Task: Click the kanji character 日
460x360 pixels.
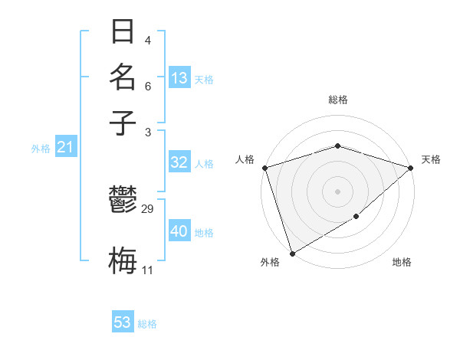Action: [123, 33]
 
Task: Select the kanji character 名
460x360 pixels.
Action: [123, 77]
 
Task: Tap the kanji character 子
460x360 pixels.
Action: [123, 123]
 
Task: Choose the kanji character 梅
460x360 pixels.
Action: [123, 260]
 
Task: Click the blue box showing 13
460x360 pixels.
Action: [179, 78]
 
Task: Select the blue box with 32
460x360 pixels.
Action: [179, 162]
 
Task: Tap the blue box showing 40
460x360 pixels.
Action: [179, 231]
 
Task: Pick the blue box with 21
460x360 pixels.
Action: [64, 147]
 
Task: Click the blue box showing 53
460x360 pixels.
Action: [123, 322]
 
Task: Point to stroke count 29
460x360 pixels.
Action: [148, 209]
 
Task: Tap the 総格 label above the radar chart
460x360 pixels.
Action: [337, 100]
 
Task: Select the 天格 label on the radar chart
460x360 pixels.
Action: [431, 159]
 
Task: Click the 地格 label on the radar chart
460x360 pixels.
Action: [402, 263]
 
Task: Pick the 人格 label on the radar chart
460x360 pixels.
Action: [245, 159]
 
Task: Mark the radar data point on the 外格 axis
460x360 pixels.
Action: [292, 253]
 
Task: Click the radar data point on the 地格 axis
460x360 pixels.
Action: [356, 218]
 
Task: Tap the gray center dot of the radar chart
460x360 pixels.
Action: [337, 191]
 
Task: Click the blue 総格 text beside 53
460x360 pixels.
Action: [147, 324]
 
